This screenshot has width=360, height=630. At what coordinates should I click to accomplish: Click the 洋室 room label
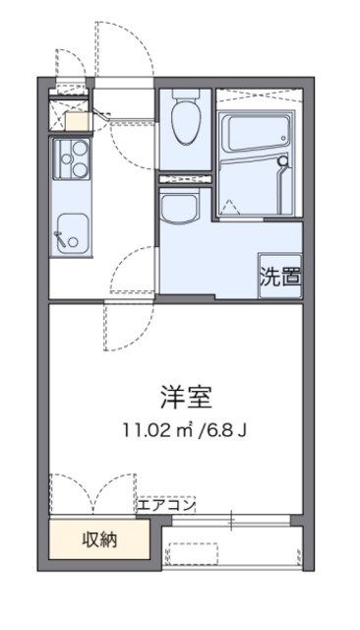[186, 397]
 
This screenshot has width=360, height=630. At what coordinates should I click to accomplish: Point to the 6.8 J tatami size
[217, 429]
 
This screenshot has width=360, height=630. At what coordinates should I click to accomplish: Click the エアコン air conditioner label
[166, 505]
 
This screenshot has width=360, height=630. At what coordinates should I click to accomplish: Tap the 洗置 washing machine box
[279, 276]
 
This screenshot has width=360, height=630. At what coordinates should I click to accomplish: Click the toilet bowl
[184, 123]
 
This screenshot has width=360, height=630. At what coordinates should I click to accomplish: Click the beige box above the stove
[77, 122]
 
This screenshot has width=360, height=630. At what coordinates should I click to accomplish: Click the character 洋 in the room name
[173, 397]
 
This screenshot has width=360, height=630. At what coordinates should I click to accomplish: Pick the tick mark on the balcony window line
[233, 520]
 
